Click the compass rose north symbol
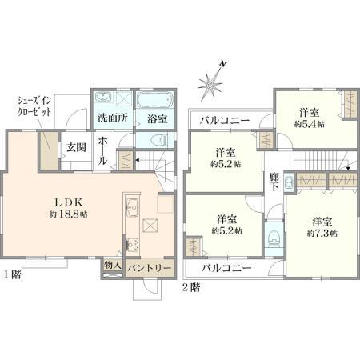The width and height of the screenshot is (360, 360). pos(210,85)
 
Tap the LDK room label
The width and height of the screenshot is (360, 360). pos(69,202)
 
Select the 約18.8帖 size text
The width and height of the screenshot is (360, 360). pos(69,214)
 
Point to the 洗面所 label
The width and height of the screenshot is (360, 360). pos(113,118)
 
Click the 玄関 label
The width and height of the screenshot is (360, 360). pos(76,147)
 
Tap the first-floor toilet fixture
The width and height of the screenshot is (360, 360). pos(159,140)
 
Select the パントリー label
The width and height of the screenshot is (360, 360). pos(149,268)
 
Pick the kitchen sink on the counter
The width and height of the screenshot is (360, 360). pos(133,207)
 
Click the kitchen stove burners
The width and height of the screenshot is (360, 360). pos(133,245)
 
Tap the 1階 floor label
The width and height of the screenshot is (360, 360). pos(12,274)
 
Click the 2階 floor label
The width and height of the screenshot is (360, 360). pos(190,288)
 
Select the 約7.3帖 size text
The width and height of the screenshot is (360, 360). pos(322,234)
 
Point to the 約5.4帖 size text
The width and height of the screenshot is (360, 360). pos(310,125)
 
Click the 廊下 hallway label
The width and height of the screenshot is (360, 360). pos(274,182)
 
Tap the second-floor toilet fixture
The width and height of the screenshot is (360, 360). pos(274,238)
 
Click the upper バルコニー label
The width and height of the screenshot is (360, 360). pos(225,121)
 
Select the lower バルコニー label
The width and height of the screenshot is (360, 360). pos(226,268)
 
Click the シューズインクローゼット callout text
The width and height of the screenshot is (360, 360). pos(34,106)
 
